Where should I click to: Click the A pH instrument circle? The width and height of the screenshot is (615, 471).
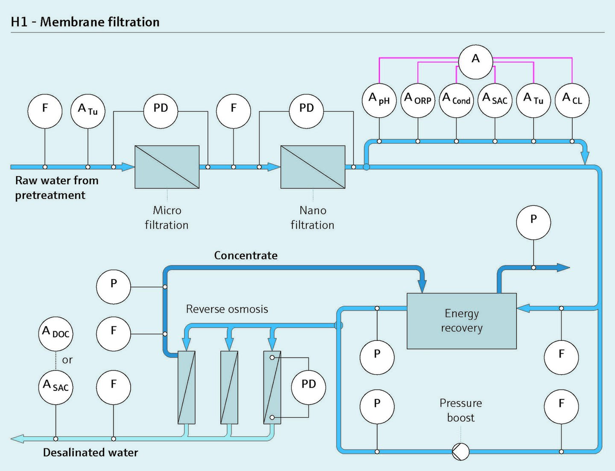click(x=379, y=100)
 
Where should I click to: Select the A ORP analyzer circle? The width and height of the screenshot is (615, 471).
click(x=418, y=100)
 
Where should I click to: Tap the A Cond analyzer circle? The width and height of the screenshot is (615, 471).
click(x=456, y=100)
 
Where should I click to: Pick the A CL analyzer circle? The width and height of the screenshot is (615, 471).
click(x=572, y=100)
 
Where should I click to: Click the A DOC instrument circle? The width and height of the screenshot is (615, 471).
click(x=56, y=334)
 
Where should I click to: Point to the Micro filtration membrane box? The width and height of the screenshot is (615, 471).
click(x=167, y=167)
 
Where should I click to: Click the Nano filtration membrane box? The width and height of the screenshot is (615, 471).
click(x=313, y=167)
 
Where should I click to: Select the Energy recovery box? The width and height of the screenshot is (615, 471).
click(x=462, y=321)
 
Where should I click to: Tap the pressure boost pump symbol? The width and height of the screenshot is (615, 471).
click(x=460, y=451)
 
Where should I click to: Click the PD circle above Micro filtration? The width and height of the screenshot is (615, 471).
click(x=161, y=111)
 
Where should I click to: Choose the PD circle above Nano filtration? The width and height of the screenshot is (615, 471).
click(x=307, y=111)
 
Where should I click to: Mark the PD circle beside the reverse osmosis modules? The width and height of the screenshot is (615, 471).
click(x=308, y=387)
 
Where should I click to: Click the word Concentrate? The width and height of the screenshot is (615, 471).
click(x=246, y=255)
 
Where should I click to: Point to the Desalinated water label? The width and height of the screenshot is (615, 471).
click(x=91, y=453)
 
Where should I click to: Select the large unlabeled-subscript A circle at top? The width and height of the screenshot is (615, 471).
click(x=475, y=62)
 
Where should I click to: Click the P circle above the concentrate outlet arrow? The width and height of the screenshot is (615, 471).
click(x=533, y=223)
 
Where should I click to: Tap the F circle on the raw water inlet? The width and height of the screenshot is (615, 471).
click(x=45, y=111)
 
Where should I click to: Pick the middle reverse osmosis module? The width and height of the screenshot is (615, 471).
click(x=229, y=387)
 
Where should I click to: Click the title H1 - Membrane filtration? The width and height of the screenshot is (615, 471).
click(x=85, y=22)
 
